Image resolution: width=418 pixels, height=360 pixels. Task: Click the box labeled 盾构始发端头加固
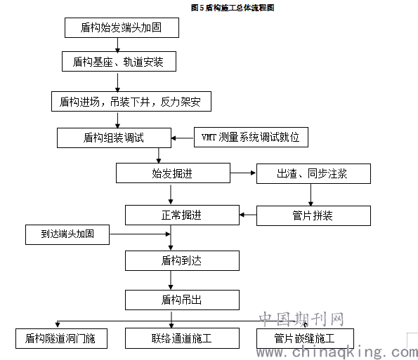coord(122,27)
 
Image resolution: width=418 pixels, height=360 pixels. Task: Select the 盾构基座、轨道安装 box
coord(119,62)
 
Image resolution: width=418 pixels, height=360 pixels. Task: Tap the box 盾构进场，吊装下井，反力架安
coord(131,102)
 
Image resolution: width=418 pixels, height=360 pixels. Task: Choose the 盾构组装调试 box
coord(114,138)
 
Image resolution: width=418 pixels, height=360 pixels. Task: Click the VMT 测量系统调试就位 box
coord(251,137)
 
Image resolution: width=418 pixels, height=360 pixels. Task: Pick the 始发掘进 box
coord(173,173)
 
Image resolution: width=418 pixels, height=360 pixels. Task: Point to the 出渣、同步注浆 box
coord(313,173)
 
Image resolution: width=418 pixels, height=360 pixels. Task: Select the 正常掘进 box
coord(182,215)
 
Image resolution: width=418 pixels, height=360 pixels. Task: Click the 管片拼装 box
coord(313,215)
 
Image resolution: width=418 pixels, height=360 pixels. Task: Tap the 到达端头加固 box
coord(67,234)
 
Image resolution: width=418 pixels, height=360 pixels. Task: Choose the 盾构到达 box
coord(182,260)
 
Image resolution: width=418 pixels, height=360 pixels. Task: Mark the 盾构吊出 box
coord(182,300)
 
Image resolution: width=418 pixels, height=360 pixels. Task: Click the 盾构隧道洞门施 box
coord(61,338)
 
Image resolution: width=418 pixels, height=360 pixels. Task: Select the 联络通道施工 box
coord(182,338)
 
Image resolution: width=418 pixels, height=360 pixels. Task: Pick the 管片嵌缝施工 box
coord(305,338)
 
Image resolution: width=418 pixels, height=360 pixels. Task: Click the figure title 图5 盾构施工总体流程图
coord(233,8)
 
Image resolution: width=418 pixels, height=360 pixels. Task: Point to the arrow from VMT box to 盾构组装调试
coord(183,138)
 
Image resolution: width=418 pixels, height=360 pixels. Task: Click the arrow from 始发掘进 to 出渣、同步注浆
coord(243,173)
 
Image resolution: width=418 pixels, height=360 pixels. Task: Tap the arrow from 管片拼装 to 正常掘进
coord(248,215)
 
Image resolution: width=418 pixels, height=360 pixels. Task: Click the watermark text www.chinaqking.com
coord(337,352)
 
